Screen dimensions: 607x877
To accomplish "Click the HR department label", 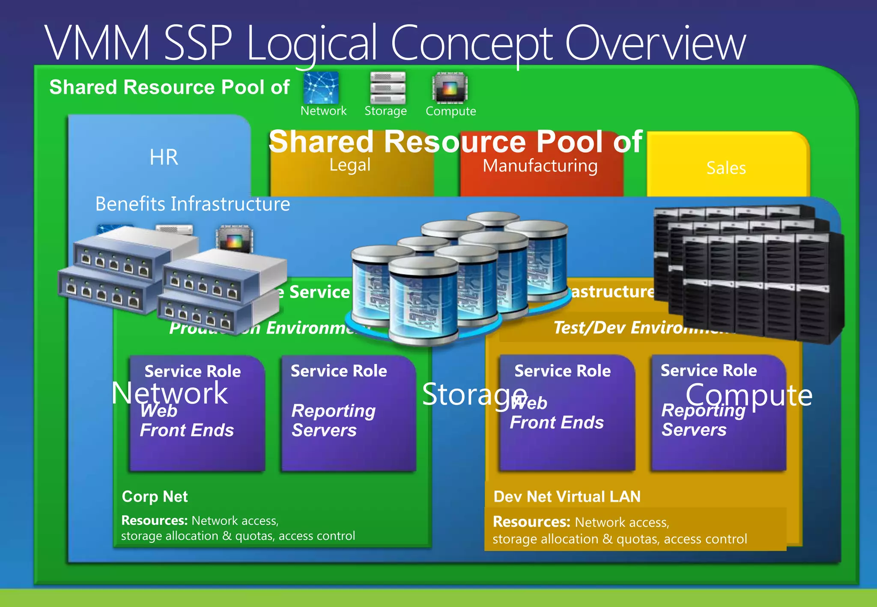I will pos(164,157).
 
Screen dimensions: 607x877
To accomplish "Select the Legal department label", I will pos(350,165).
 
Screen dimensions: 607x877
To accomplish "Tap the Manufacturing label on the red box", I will pos(540,166).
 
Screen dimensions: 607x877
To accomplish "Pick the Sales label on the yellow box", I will pos(726,168).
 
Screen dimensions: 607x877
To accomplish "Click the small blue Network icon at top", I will pos(321,87).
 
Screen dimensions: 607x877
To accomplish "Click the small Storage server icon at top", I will pos(388,88).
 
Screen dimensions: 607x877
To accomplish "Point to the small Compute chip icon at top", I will pos(450,88).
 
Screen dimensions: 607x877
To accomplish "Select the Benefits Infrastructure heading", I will pos(192,204).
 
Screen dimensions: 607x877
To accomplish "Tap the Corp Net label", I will pos(155,497).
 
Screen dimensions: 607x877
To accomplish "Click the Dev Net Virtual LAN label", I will pos(567,497).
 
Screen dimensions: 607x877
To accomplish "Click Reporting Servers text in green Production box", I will pos(333,420).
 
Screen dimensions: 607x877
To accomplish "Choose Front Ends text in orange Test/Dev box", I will pos(557,423).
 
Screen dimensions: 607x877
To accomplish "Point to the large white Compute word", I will pos(749,395).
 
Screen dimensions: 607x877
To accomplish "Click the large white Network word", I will pos(170,393).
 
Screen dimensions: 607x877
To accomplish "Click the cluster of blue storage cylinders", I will pos(458,278).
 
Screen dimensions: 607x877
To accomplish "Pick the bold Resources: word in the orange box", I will pos(531,522).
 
